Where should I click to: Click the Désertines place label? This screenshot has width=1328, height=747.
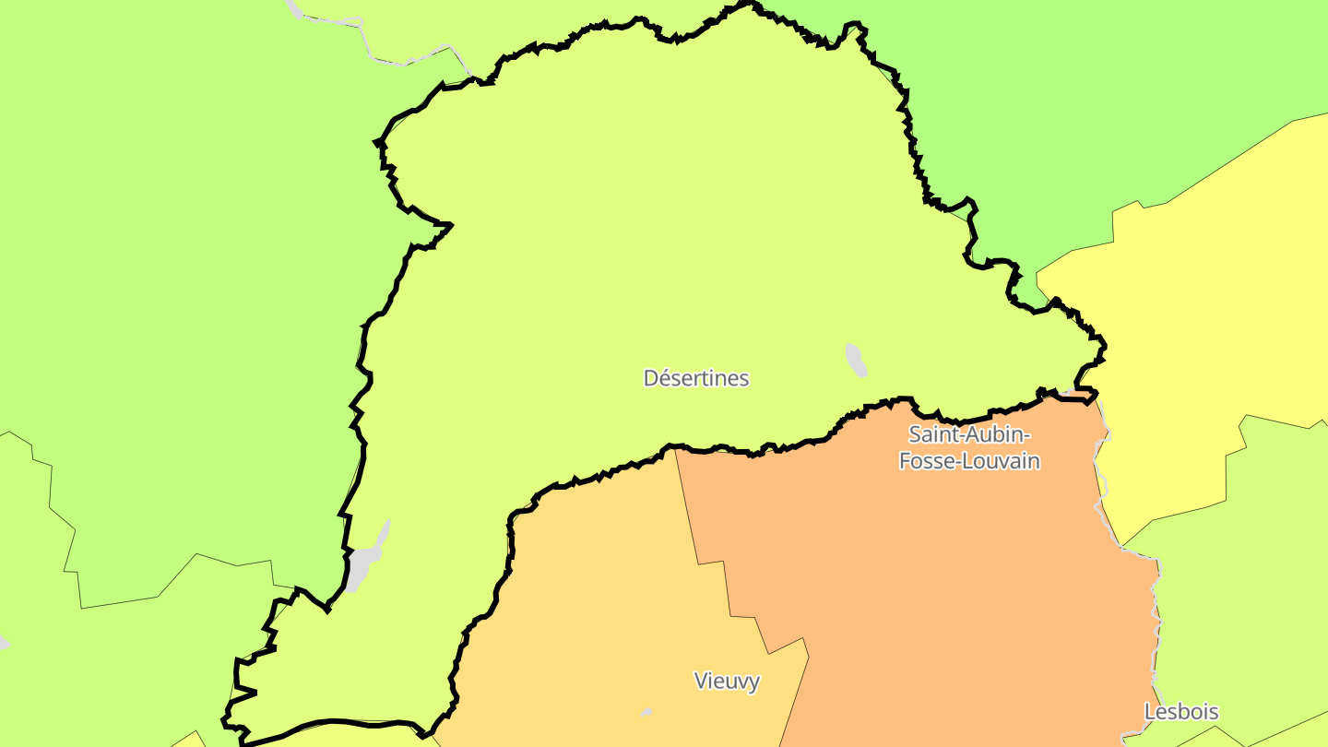tap(696, 378)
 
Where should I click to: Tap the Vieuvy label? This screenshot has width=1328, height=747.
tap(727, 682)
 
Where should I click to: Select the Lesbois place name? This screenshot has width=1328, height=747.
tap(1181, 712)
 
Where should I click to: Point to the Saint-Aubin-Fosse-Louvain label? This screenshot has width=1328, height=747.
tap(969, 447)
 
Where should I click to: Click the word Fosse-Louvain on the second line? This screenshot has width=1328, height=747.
tap(969, 461)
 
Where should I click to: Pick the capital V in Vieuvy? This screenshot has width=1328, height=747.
tap(700, 682)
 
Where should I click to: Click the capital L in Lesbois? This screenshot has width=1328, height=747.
tap(1149, 712)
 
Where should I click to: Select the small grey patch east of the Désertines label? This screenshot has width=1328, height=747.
tap(857, 360)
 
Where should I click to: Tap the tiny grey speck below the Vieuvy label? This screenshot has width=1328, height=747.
tap(646, 712)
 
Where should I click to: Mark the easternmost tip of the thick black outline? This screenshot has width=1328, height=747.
tap(1105, 347)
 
